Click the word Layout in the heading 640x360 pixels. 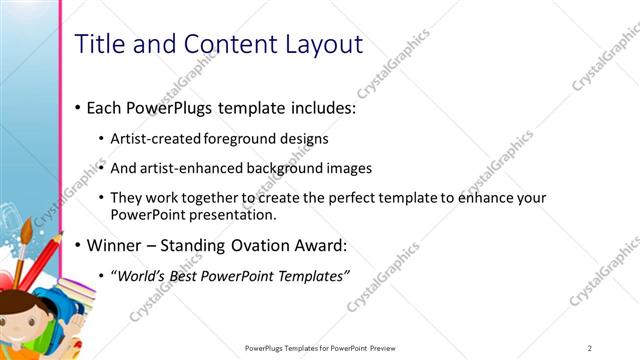tap(318, 44)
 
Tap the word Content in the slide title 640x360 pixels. tap(218, 44)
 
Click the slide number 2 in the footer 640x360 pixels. tap(590, 348)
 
